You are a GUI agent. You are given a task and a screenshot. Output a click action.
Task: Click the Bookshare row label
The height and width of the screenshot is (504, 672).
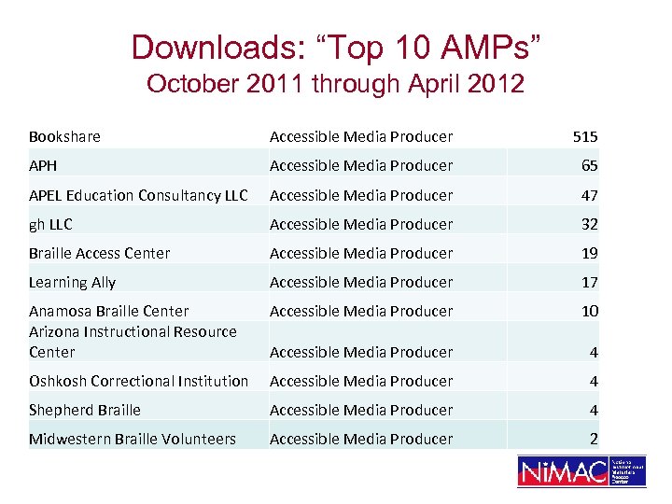coord(64,136)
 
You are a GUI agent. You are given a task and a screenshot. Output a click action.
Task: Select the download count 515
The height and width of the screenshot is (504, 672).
coord(585,136)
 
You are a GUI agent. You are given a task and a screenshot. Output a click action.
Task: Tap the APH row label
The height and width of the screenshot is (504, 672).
coord(43,165)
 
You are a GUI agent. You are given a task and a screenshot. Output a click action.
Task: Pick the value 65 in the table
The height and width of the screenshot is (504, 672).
coord(590,166)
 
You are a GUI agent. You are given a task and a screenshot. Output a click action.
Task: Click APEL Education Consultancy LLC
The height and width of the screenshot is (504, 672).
coord(138,195)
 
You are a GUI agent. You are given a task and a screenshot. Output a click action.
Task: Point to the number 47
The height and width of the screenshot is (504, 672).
coord(590,195)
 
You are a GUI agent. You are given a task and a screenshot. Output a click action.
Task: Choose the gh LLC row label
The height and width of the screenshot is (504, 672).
coord(50,224)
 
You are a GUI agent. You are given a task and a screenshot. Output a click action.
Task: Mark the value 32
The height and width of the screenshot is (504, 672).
coord(590,224)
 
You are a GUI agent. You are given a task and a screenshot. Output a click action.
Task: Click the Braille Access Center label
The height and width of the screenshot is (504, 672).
coord(99,253)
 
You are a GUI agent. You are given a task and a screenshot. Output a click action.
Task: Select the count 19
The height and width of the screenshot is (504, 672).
coord(590,253)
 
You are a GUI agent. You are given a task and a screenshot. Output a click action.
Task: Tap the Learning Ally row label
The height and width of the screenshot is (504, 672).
coord(72,282)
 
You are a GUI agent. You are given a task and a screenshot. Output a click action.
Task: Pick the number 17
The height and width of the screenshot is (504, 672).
coord(590,282)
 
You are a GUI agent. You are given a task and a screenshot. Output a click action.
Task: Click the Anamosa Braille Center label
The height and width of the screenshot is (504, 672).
coord(108,311)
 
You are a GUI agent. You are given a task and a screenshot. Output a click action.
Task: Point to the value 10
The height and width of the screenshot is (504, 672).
coord(590,311)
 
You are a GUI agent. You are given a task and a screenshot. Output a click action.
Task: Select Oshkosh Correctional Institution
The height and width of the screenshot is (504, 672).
coord(138,381)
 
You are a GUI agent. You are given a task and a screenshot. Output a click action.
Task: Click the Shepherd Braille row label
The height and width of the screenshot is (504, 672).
coord(85,410)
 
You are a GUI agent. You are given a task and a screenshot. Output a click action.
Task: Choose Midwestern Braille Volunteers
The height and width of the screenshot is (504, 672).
coord(133,439)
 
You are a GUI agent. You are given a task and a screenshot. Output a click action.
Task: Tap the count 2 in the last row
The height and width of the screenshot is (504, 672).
coord(594,439)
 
